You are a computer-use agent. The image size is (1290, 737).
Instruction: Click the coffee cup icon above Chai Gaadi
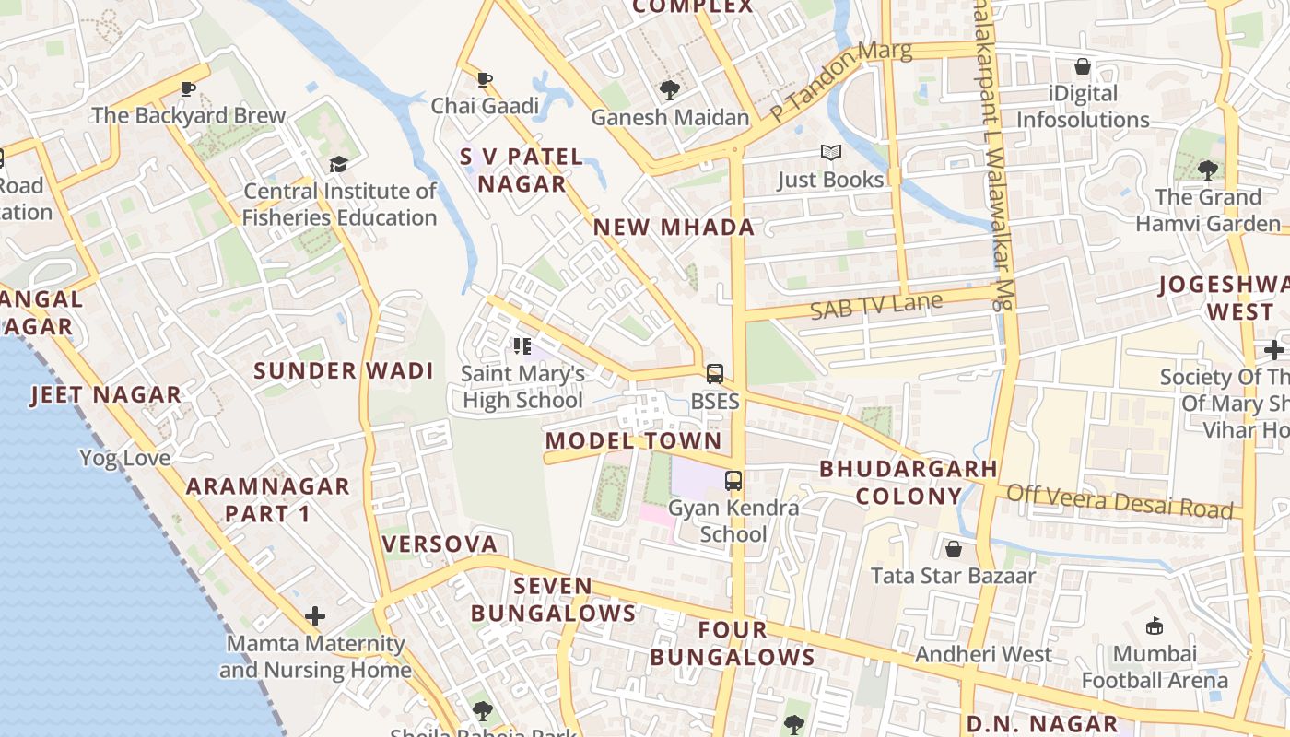(x=485, y=78)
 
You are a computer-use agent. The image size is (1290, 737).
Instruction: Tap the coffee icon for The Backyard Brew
(x=188, y=88)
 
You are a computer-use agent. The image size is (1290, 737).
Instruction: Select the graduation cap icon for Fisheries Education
(x=338, y=164)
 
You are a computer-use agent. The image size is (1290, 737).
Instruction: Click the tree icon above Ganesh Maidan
(x=670, y=90)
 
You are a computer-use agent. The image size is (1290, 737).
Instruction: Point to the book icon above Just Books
(x=830, y=153)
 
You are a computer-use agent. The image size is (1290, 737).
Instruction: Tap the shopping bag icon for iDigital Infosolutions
(x=1083, y=66)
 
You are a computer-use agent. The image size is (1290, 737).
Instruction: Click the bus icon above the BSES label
(x=715, y=374)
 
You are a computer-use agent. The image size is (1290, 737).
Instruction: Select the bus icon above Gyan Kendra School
(x=733, y=480)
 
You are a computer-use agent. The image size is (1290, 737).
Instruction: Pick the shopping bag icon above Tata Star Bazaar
(x=954, y=549)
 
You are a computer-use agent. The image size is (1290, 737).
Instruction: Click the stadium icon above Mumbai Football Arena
(x=1154, y=626)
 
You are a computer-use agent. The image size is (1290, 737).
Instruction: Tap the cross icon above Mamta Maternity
(x=315, y=615)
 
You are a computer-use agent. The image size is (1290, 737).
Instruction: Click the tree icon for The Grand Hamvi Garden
(x=1207, y=170)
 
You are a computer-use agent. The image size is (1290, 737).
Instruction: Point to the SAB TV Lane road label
(x=876, y=305)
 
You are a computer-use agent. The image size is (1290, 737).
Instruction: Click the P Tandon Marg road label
(x=840, y=81)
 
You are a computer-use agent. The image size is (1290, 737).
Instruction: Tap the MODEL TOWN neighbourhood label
(x=633, y=440)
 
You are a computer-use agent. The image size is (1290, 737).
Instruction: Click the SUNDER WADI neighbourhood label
(x=343, y=371)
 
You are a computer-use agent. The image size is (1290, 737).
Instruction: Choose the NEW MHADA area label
(x=674, y=228)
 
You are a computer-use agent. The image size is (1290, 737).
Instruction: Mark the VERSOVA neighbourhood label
(x=440, y=544)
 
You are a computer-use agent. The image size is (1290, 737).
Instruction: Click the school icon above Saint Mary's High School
(x=522, y=346)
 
